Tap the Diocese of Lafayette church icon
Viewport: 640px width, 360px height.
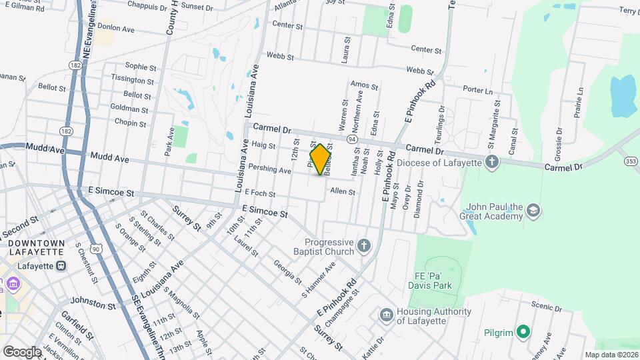(491, 162)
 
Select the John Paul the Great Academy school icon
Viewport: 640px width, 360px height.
(533, 211)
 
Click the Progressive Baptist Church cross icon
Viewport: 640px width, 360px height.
(363, 247)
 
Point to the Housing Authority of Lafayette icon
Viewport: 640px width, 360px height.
(386, 315)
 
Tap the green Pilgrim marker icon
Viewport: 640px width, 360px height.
(523, 331)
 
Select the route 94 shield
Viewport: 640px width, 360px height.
(352, 139)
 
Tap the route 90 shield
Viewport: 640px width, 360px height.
(97, 249)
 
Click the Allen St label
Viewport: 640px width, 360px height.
(343, 191)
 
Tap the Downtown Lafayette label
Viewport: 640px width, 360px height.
(37, 247)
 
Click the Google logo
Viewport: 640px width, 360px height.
(21, 351)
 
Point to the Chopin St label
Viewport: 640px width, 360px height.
(130, 123)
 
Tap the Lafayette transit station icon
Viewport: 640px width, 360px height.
(61, 265)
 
